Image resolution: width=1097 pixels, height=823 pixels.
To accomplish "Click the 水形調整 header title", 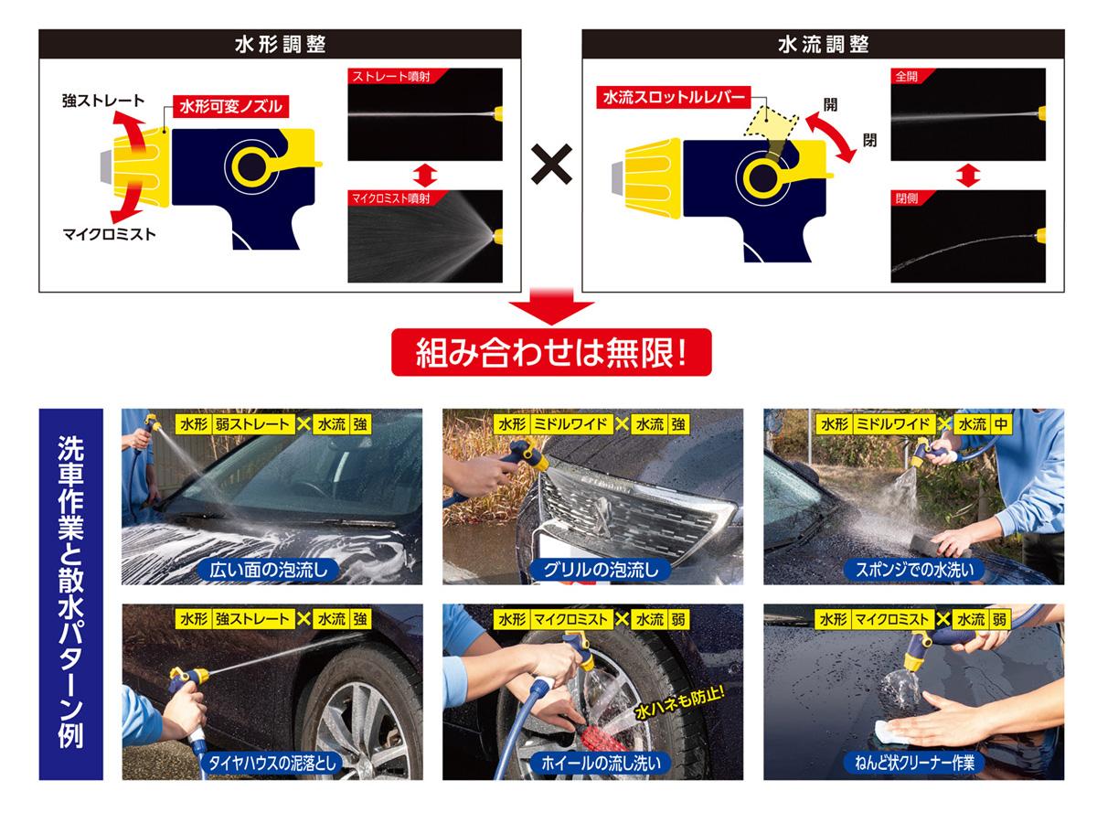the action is click(279, 45).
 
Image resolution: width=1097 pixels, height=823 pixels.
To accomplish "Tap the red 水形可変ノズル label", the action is click(229, 106).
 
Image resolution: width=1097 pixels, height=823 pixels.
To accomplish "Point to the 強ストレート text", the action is click(102, 101).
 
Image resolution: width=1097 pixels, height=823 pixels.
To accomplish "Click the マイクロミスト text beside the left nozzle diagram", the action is click(109, 234).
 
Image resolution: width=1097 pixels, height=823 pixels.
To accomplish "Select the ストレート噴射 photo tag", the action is click(390, 76).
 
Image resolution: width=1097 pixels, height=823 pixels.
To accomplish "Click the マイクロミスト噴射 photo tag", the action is click(390, 198).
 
